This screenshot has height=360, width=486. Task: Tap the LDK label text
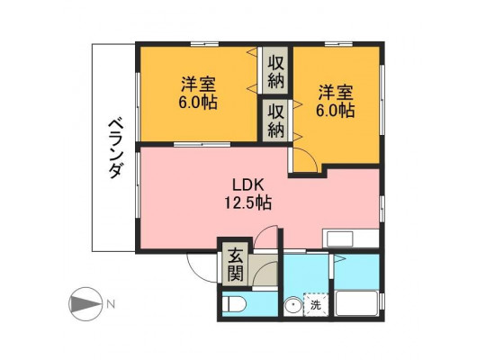click(248, 185)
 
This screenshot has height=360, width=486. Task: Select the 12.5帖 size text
click(248, 203)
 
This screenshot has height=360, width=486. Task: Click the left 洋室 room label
click(198, 84)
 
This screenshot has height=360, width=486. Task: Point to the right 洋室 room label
click(336, 92)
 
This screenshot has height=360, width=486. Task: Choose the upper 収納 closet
click(275, 71)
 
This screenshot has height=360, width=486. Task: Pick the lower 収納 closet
click(275, 121)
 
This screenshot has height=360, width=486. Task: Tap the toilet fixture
click(234, 304)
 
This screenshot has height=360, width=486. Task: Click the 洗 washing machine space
click(316, 305)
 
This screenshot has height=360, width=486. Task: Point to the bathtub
click(356, 303)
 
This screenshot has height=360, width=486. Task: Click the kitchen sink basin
click(340, 239)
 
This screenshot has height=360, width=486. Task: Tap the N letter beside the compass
click(111, 304)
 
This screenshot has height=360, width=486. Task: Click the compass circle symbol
click(85, 304)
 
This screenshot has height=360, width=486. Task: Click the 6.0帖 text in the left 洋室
click(198, 102)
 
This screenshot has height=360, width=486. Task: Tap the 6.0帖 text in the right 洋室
click(336, 110)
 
